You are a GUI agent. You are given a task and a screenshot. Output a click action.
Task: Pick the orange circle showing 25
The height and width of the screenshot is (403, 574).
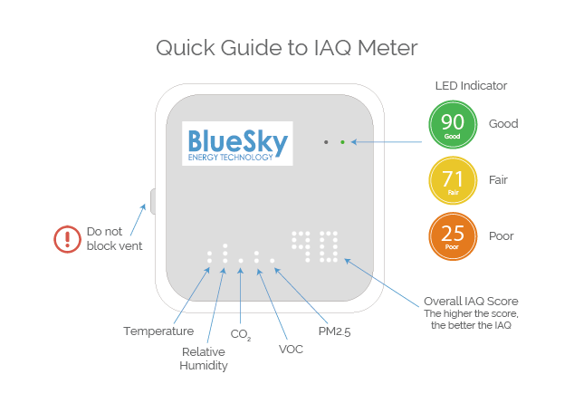[x=453, y=235]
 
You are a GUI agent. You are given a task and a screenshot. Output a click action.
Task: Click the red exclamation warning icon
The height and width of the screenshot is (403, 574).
[x=67, y=238]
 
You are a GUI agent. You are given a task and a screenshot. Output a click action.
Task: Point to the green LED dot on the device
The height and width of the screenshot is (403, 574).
[x=342, y=142]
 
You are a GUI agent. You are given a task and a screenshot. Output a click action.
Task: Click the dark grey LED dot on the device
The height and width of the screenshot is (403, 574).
[x=326, y=142]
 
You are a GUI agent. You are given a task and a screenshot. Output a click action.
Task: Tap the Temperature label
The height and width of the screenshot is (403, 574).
[x=158, y=331]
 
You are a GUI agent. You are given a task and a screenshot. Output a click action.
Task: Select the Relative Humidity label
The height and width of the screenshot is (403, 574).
[x=204, y=359]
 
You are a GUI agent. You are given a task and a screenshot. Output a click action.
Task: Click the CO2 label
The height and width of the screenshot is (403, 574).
[x=240, y=335]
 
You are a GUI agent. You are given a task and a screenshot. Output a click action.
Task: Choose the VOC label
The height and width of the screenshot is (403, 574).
[x=291, y=349]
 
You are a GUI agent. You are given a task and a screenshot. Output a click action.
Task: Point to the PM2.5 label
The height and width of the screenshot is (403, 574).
[x=334, y=331]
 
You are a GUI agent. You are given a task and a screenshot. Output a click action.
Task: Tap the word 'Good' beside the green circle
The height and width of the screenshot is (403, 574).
[x=503, y=124]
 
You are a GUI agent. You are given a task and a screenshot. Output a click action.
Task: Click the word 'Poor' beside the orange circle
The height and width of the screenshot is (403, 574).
[x=502, y=235]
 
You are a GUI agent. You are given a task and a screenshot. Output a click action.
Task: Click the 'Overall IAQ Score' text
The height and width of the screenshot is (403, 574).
[x=471, y=301]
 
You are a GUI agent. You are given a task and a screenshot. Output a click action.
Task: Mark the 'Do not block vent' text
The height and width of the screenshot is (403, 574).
[x=114, y=238]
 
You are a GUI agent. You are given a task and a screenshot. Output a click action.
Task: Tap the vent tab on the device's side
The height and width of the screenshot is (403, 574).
[x=152, y=201]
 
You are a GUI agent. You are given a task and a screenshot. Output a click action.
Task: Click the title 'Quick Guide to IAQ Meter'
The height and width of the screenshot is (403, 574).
[x=287, y=47]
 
